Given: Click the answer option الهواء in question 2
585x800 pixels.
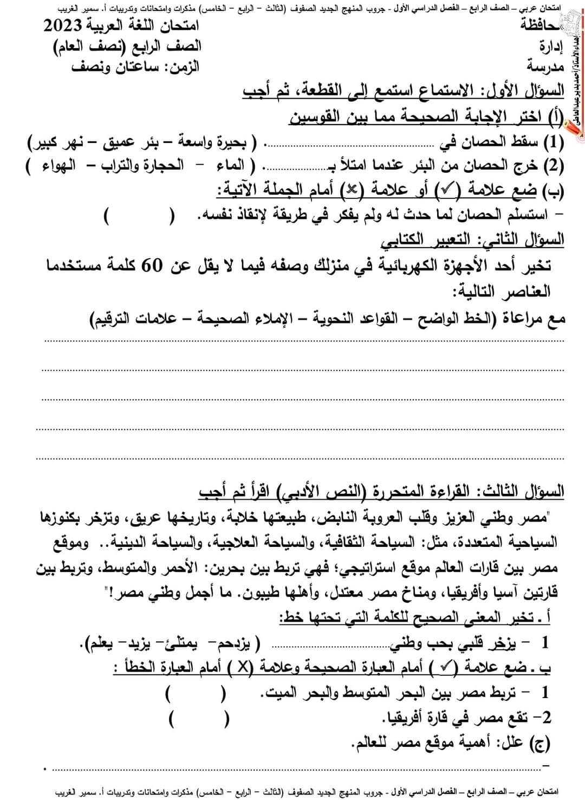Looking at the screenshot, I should (57, 165).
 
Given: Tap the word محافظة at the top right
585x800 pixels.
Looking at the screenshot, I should (542, 25).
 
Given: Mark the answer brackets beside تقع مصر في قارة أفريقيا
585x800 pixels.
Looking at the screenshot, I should (198, 719).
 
